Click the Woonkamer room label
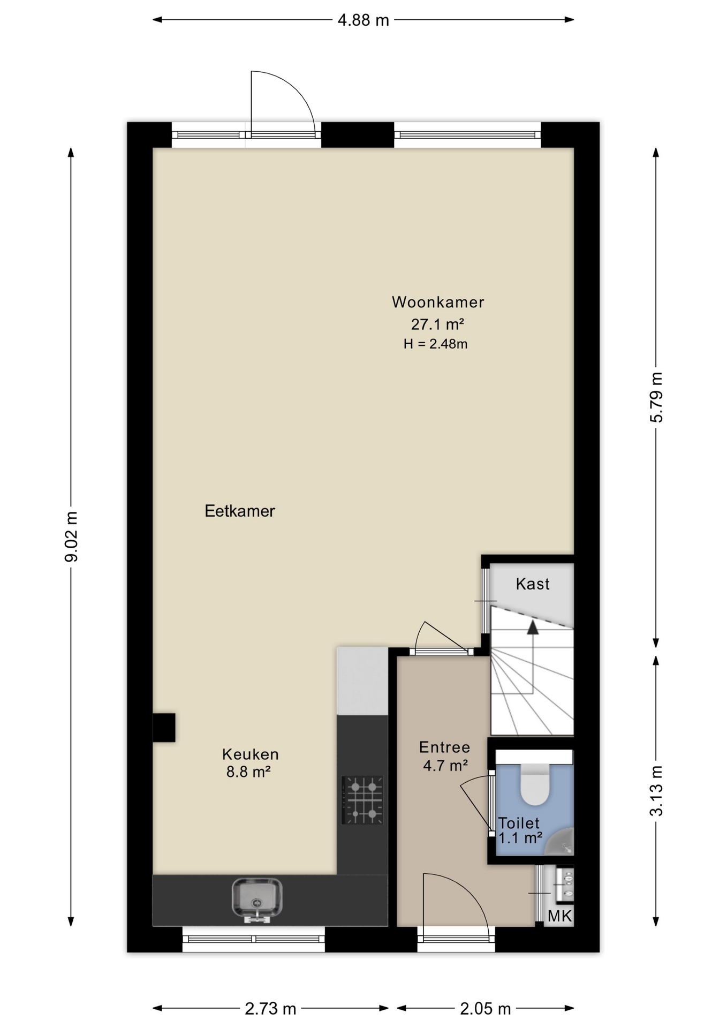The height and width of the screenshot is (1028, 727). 438,302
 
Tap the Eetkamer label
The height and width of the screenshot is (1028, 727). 240,511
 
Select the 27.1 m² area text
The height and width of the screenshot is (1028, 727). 437,324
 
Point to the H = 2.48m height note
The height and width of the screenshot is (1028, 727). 435,344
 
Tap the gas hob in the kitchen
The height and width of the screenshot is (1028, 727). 362,800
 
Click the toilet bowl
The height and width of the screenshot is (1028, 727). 535,784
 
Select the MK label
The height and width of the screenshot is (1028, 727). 559,916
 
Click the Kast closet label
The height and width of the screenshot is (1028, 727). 533,584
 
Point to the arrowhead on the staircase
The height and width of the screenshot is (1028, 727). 533,628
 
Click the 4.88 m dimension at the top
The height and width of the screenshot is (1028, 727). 363,20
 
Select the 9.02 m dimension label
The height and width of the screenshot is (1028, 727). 71,536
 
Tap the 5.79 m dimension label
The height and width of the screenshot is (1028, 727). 656,397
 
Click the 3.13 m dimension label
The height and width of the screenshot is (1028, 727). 656,791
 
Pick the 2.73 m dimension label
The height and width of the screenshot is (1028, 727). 270,1009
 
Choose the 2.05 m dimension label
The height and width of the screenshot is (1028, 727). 485,1009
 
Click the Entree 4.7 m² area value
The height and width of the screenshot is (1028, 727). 445,765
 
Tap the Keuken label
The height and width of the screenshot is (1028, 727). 251,754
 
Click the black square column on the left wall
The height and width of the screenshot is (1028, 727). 164,728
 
